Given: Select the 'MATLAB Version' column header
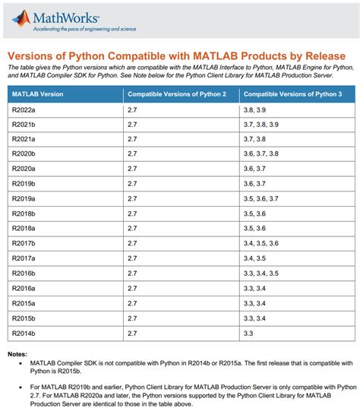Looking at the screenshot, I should click(x=36, y=93).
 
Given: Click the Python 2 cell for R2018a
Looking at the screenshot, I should click(x=132, y=228).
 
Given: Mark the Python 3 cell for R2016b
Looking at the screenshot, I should click(x=259, y=274).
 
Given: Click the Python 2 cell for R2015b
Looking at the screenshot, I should click(x=132, y=318).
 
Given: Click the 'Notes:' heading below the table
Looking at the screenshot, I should click(x=17, y=355).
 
